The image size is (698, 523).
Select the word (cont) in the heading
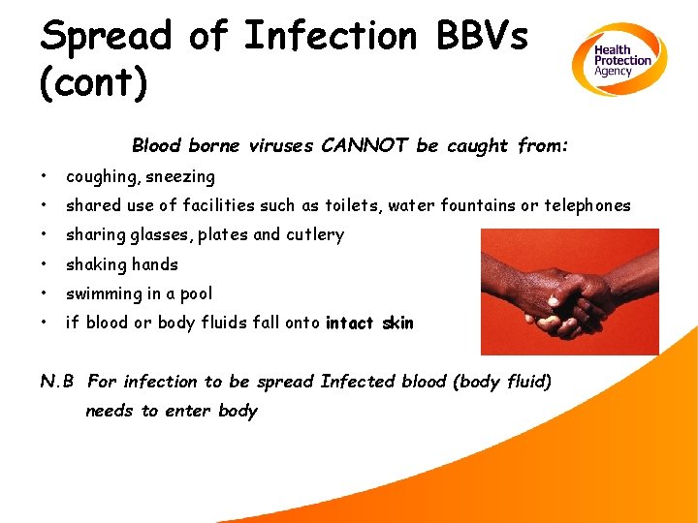(93, 82)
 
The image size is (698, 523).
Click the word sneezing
(181, 177)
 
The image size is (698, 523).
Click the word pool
(195, 293)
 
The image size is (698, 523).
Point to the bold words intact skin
(369, 323)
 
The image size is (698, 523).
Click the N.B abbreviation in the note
(58, 382)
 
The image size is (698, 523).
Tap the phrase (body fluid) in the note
(501, 382)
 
